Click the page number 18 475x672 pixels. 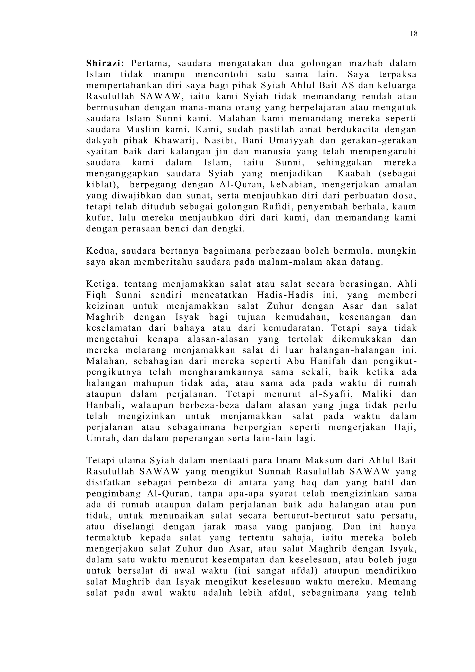[x=414, y=34]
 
